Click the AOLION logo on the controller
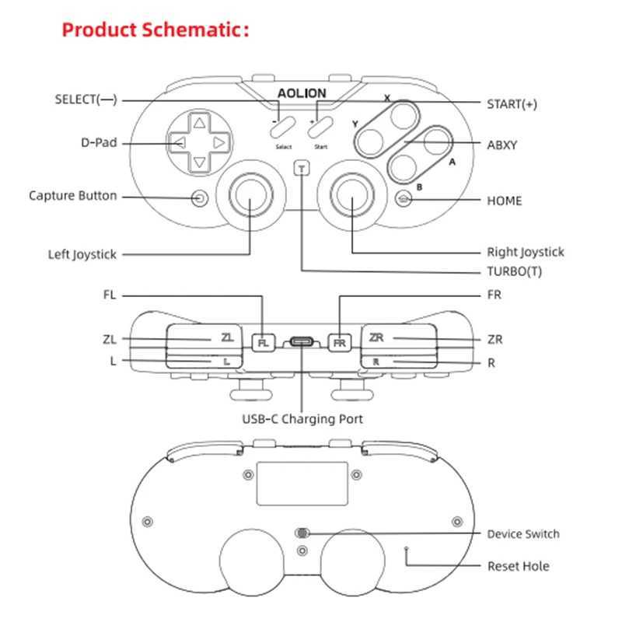point(302,93)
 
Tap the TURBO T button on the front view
point(302,168)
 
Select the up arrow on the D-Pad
point(200,123)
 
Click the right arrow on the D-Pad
point(220,143)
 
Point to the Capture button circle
point(201,197)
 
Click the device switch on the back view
point(302,533)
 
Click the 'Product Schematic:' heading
point(155,30)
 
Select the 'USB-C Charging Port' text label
point(302,419)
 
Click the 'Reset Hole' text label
point(518,566)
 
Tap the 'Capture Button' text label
point(73,196)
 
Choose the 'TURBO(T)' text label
point(514,271)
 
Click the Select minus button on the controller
point(284,127)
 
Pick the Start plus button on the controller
point(320,127)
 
